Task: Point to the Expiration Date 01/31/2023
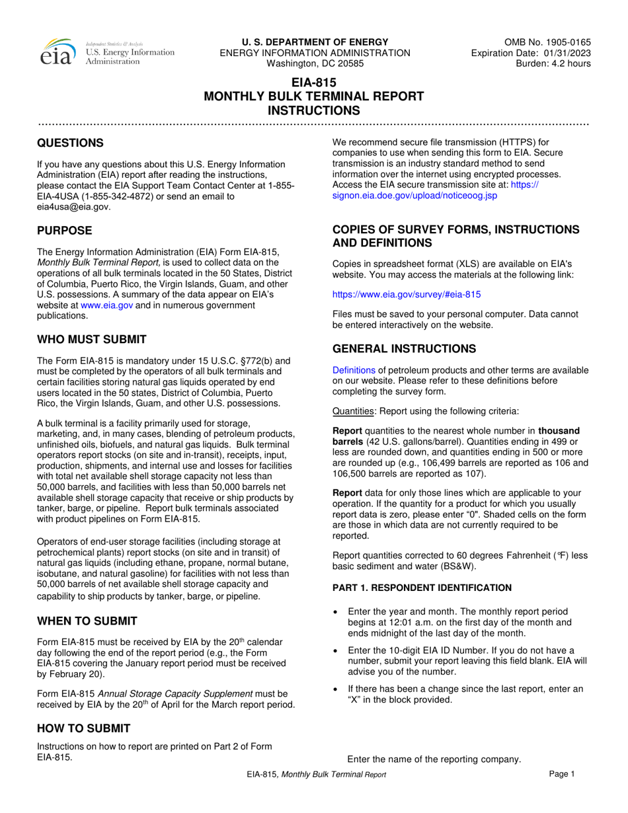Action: pyautogui.click(x=531, y=53)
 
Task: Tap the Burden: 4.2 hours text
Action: pyautogui.click(x=553, y=63)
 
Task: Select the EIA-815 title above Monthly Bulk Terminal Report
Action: pyautogui.click(x=314, y=83)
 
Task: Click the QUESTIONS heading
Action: pyautogui.click(x=70, y=143)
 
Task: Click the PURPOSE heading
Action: pyautogui.click(x=64, y=231)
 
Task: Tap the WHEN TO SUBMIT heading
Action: pyautogui.click(x=87, y=621)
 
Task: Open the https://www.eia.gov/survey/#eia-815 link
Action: pyautogui.click(x=407, y=294)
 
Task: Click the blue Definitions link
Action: pyautogui.click(x=354, y=370)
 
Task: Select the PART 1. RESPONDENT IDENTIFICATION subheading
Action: pyautogui.click(x=422, y=588)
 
